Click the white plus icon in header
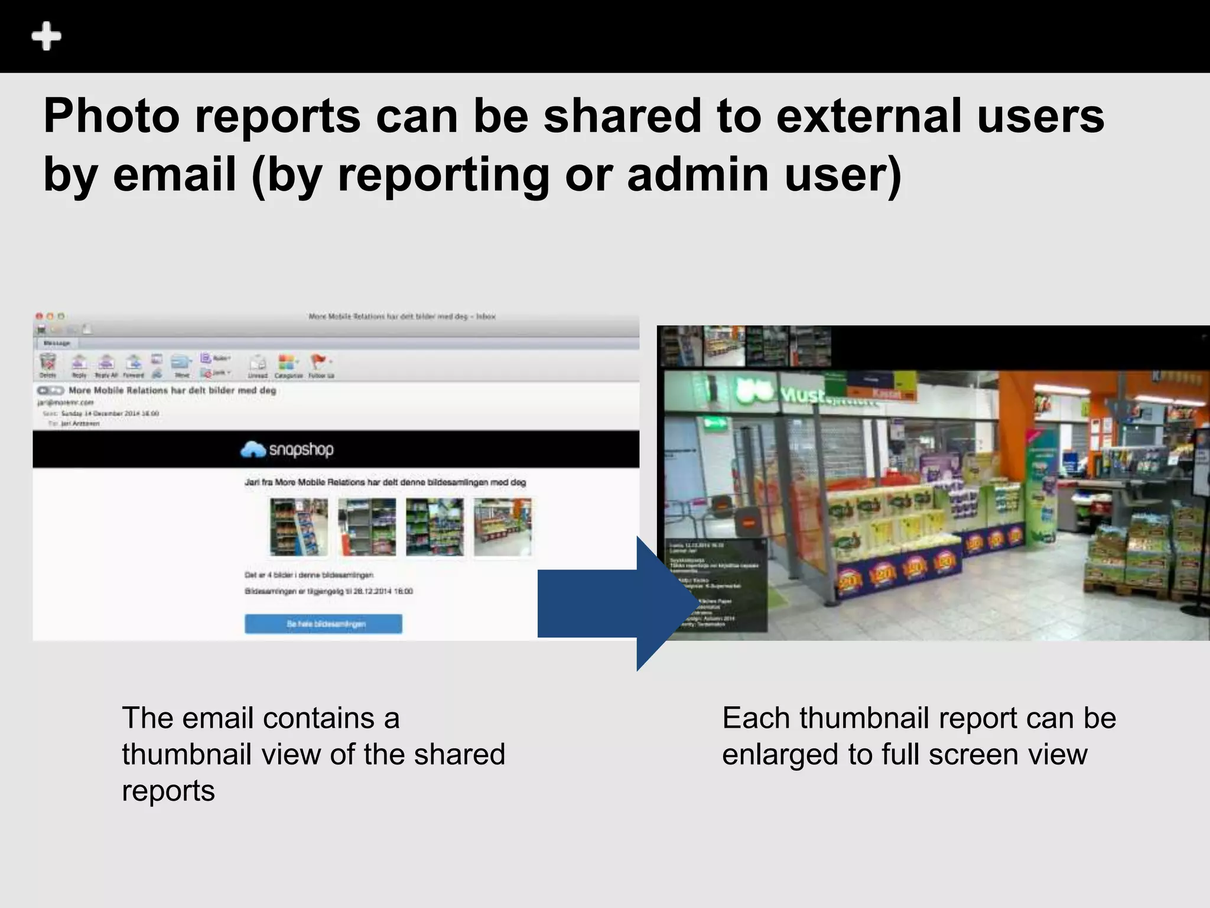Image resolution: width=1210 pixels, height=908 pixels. (46, 37)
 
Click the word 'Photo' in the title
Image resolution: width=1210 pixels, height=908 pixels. (111, 116)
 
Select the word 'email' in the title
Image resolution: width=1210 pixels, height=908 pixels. (174, 175)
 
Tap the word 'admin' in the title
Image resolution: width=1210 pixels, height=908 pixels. (698, 175)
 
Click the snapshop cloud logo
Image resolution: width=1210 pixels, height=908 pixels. (253, 450)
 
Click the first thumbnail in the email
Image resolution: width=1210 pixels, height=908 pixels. (298, 527)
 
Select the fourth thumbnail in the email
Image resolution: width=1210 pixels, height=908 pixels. (502, 527)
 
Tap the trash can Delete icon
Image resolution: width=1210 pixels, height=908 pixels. (48, 362)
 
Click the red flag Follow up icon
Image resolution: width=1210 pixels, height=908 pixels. (318, 361)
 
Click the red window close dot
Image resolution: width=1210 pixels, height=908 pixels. (39, 317)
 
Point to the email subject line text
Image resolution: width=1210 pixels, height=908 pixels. (172, 391)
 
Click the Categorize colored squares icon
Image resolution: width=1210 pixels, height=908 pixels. (287, 362)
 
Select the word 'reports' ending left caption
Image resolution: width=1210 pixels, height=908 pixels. (168, 791)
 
